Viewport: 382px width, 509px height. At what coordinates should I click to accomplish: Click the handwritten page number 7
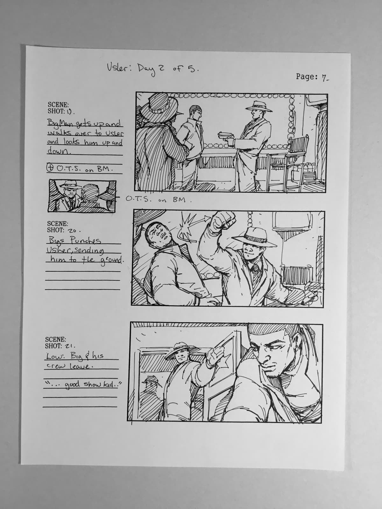[324, 77]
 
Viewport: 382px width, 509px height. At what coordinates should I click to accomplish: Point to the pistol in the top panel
[226, 135]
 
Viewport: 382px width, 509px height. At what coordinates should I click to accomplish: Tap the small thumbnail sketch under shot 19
[82, 195]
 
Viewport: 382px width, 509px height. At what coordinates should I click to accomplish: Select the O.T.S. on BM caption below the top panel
[159, 200]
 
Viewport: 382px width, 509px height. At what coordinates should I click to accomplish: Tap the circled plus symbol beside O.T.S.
[50, 169]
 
